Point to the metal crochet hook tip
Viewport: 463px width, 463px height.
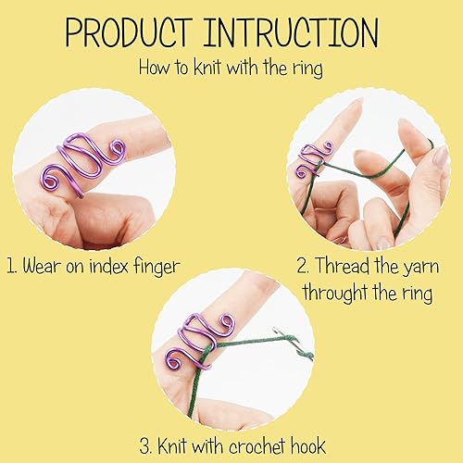(305, 352)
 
